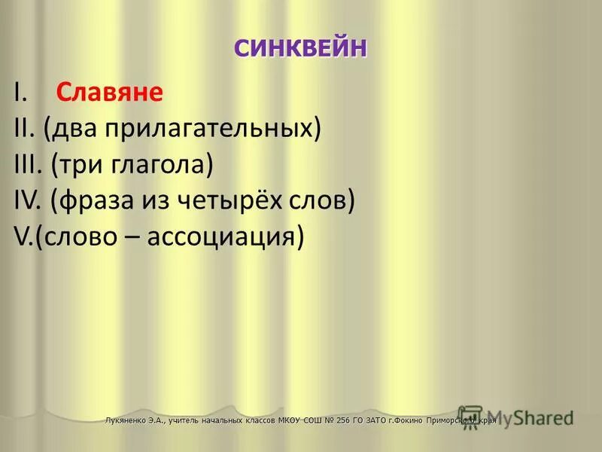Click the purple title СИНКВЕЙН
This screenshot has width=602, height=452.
click(x=300, y=47)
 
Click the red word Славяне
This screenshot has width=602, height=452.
click(x=109, y=93)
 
